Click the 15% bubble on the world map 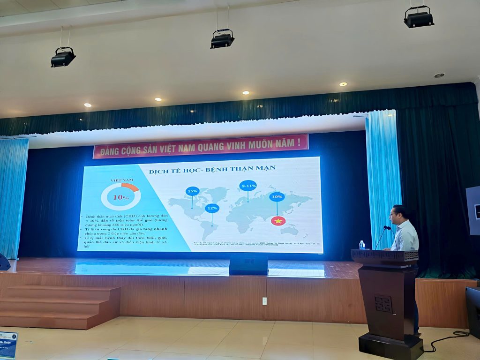[192, 191]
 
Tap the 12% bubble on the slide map [212, 208]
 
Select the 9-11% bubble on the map [248, 186]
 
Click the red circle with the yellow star [278, 220]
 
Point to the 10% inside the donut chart [120, 197]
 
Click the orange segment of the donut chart [130, 187]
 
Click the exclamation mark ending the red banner [299, 141]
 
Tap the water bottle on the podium [361, 245]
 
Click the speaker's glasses [393, 214]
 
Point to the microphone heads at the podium [387, 228]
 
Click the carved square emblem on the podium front [383, 304]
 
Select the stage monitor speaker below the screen [248, 265]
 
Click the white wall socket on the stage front [264, 301]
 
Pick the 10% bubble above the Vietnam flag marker [277, 197]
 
